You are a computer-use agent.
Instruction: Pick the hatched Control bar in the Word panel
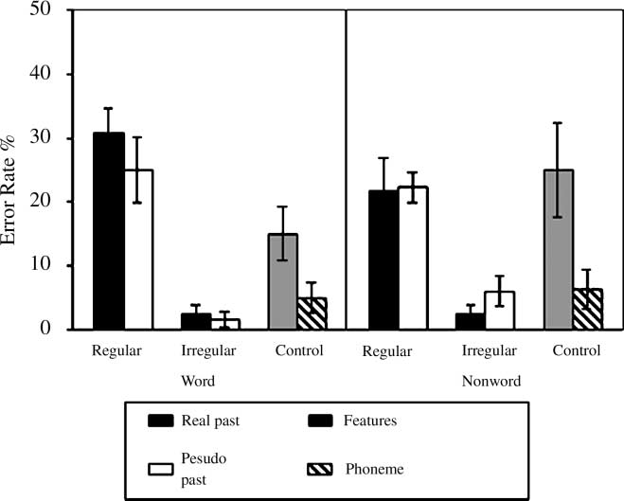pyautogui.click(x=312, y=313)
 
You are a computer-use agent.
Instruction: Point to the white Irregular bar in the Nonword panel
pyautogui.click(x=499, y=310)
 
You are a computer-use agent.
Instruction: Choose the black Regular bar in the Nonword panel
pyautogui.click(x=383, y=259)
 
